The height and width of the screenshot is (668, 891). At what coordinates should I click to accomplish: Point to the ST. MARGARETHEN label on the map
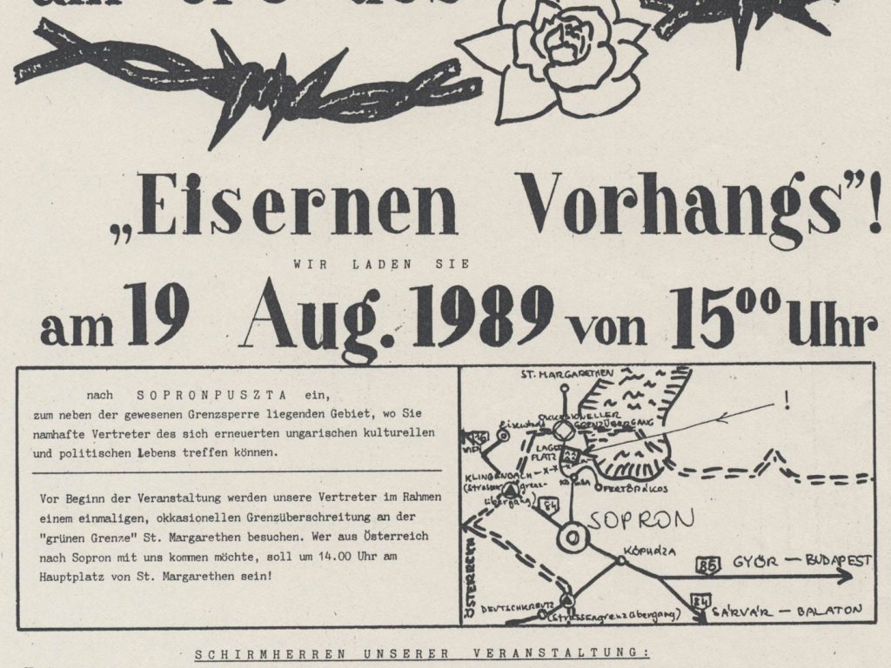pyautogui.click(x=567, y=375)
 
